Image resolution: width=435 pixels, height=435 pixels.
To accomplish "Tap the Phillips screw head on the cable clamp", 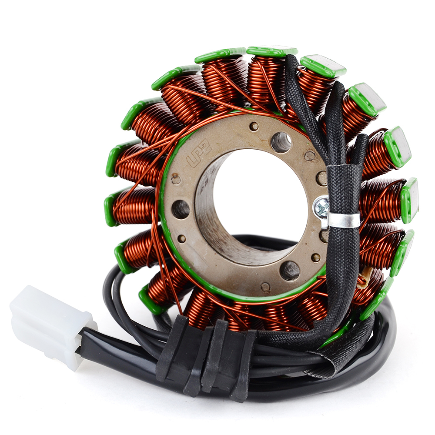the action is [x=321, y=207].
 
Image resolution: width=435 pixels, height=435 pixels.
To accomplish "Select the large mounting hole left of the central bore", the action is [x=181, y=209].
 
